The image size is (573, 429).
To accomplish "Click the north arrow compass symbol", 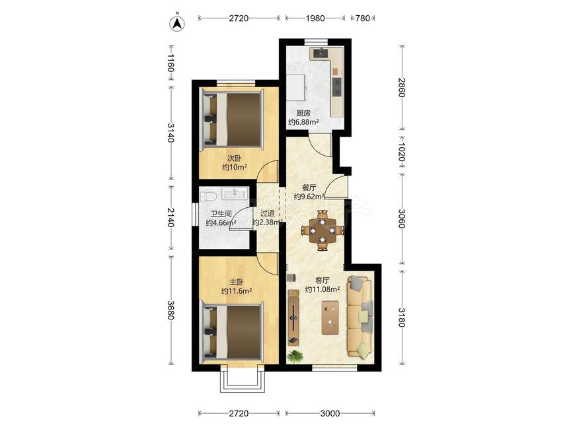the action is pyautogui.click(x=177, y=23).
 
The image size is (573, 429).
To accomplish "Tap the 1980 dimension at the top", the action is pyautogui.click(x=315, y=18).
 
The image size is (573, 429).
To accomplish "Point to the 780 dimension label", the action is pyautogui.click(x=363, y=18).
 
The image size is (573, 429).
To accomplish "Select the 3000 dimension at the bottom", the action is pyautogui.click(x=330, y=413).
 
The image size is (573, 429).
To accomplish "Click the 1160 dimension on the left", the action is pyautogui.click(x=171, y=63).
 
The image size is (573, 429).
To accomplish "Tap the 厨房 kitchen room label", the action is pyautogui.click(x=303, y=113).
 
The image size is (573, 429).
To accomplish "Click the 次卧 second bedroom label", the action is pyautogui.click(x=235, y=158).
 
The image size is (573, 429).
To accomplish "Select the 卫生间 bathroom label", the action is pyautogui.click(x=221, y=214).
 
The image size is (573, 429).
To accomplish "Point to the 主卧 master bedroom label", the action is pyautogui.click(x=237, y=282).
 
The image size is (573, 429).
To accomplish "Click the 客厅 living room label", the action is pyautogui.click(x=323, y=280).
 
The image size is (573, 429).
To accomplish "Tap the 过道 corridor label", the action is pyautogui.click(x=268, y=213).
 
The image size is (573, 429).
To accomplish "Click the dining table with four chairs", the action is pyautogui.click(x=323, y=230).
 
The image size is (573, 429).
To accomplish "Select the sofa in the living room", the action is pyautogui.click(x=360, y=316).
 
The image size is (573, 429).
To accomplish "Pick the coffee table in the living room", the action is pyautogui.click(x=330, y=317).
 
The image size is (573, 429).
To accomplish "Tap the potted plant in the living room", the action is pyautogui.click(x=295, y=355).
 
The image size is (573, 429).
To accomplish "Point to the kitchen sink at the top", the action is pyautogui.click(x=321, y=53).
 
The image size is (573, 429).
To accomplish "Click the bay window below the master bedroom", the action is pyautogui.click(x=243, y=381).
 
